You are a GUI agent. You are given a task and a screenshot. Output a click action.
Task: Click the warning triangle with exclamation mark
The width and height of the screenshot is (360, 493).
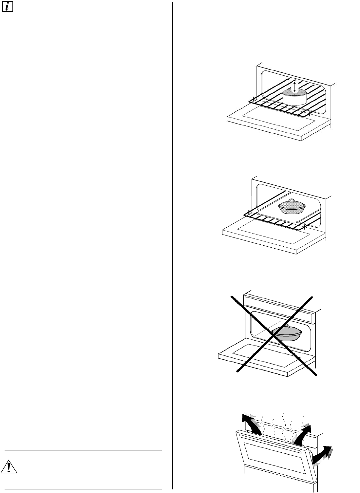tap(9, 468)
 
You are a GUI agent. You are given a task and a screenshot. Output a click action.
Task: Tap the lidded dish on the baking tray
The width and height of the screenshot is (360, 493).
tap(291, 206)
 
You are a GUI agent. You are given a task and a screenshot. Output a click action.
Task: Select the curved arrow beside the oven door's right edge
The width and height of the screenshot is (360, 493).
tap(323, 455)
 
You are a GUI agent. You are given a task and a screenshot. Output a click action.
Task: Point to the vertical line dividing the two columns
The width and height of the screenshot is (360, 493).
tap(172, 246)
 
